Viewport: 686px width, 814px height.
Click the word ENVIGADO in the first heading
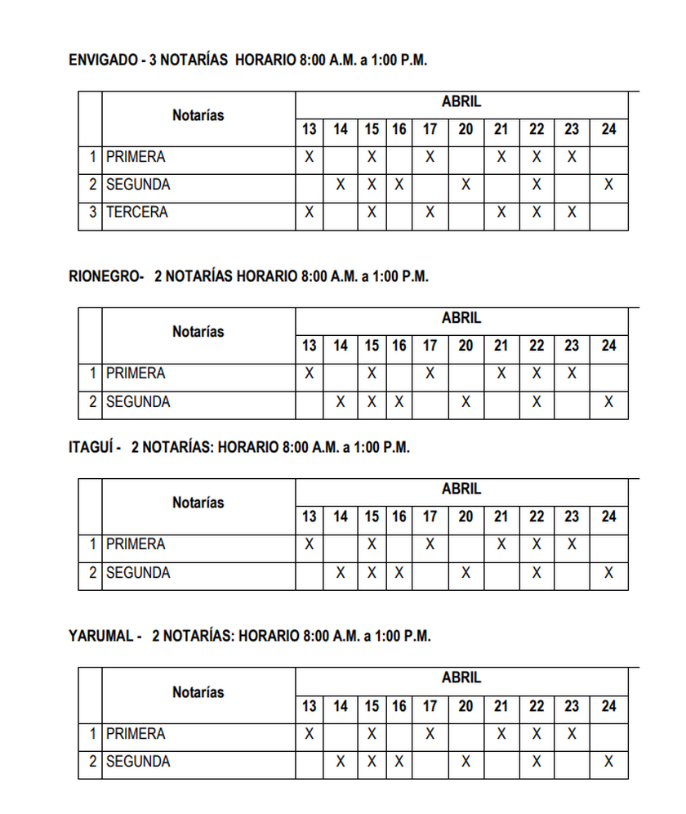point(103,60)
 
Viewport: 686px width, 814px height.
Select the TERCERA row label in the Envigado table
point(136,212)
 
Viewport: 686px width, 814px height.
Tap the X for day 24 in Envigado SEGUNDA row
point(608,185)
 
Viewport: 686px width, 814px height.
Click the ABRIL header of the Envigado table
point(461,102)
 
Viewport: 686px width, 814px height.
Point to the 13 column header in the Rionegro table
point(309,346)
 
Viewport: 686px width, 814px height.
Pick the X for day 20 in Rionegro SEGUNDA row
point(465,402)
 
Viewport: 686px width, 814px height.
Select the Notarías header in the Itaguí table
point(198,503)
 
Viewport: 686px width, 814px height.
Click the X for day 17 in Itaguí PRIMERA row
point(430,544)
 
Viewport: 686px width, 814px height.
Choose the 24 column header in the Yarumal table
point(608,706)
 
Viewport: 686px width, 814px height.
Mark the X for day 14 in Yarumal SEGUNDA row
point(341,762)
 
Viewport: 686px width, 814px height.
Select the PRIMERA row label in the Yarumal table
point(136,734)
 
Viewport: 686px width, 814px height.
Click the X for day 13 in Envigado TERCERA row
point(309,212)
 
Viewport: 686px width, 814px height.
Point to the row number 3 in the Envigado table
point(92,212)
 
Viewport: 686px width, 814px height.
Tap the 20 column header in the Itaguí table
point(465,517)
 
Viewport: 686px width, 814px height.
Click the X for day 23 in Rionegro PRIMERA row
point(572,373)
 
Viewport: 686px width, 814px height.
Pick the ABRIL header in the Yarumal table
point(461,678)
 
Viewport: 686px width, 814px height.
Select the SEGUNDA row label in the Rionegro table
point(138,402)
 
